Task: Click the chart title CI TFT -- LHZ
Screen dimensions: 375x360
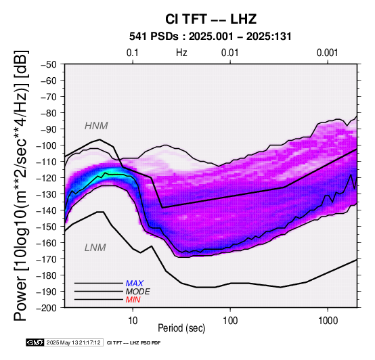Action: tap(211, 19)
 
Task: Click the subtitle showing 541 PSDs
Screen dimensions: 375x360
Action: tap(211, 37)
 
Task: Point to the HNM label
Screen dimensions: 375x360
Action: tap(96, 126)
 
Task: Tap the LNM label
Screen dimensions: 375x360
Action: tap(95, 248)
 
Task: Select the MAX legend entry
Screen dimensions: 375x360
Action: tap(135, 284)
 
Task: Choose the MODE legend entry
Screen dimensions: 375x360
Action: tap(138, 292)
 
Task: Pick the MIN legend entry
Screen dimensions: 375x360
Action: tap(133, 300)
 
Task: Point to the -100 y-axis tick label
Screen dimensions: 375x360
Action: tap(47, 145)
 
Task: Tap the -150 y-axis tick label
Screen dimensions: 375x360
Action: tap(47, 227)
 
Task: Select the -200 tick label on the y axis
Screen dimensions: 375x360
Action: tap(47, 308)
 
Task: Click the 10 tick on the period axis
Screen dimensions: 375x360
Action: tap(133, 321)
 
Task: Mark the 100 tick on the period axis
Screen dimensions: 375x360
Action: tap(230, 321)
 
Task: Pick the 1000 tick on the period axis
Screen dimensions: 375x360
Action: tap(328, 321)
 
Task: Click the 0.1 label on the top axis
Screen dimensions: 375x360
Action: tap(133, 53)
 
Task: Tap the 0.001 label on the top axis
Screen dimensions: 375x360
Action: tap(327, 53)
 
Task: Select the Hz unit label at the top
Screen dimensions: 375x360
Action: tap(181, 53)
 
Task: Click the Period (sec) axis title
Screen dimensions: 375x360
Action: tap(181, 328)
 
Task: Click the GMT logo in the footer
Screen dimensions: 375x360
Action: tap(35, 342)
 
